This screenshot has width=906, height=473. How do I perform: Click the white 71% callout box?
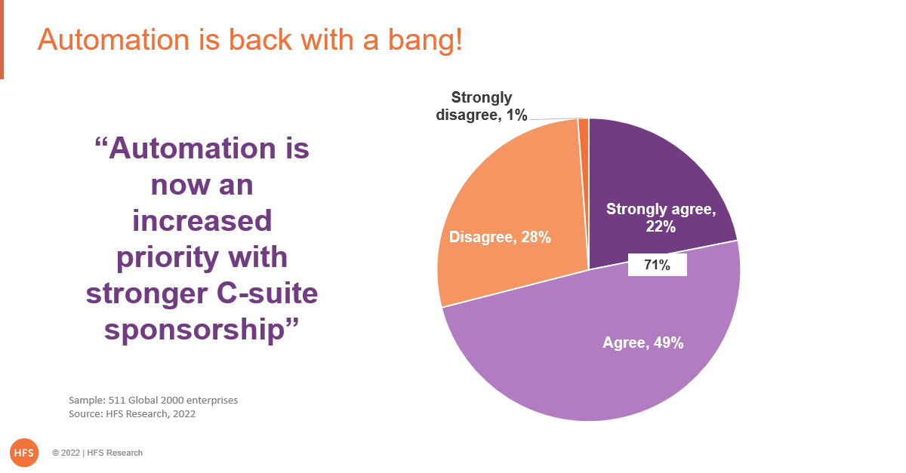(x=658, y=265)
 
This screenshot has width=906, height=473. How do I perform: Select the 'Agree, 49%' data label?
(x=643, y=342)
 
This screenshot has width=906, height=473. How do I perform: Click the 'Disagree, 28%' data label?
(x=500, y=237)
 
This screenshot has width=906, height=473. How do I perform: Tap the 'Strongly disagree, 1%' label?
(x=482, y=106)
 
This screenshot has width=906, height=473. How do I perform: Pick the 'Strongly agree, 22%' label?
(x=661, y=217)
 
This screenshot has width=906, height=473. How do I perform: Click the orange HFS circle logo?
(x=24, y=453)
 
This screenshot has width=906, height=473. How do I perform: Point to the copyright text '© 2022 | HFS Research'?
(x=97, y=453)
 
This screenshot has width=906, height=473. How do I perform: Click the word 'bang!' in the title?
(x=425, y=41)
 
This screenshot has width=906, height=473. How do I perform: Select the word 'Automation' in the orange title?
(x=114, y=40)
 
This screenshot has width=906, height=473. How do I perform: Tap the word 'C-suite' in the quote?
(x=267, y=293)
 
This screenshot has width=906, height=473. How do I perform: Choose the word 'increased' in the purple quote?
(x=202, y=221)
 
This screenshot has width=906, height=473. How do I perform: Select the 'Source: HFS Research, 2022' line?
(x=132, y=414)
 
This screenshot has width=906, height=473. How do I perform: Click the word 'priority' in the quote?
(x=168, y=258)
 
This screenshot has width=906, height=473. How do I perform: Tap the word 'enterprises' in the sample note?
(x=212, y=401)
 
